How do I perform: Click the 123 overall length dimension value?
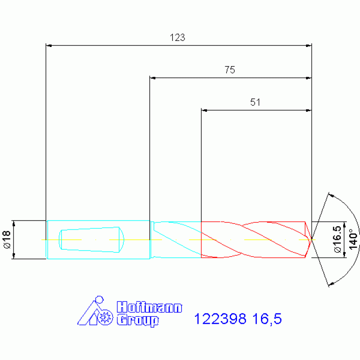177,38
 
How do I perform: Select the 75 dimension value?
230,70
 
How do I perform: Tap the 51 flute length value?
255,102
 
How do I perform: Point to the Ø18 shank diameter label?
7,239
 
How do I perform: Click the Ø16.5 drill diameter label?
338,239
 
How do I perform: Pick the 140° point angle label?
353,239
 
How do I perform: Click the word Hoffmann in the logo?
149,307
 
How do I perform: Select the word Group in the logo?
138,321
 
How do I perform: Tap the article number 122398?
220,319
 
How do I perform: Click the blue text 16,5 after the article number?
267,319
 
